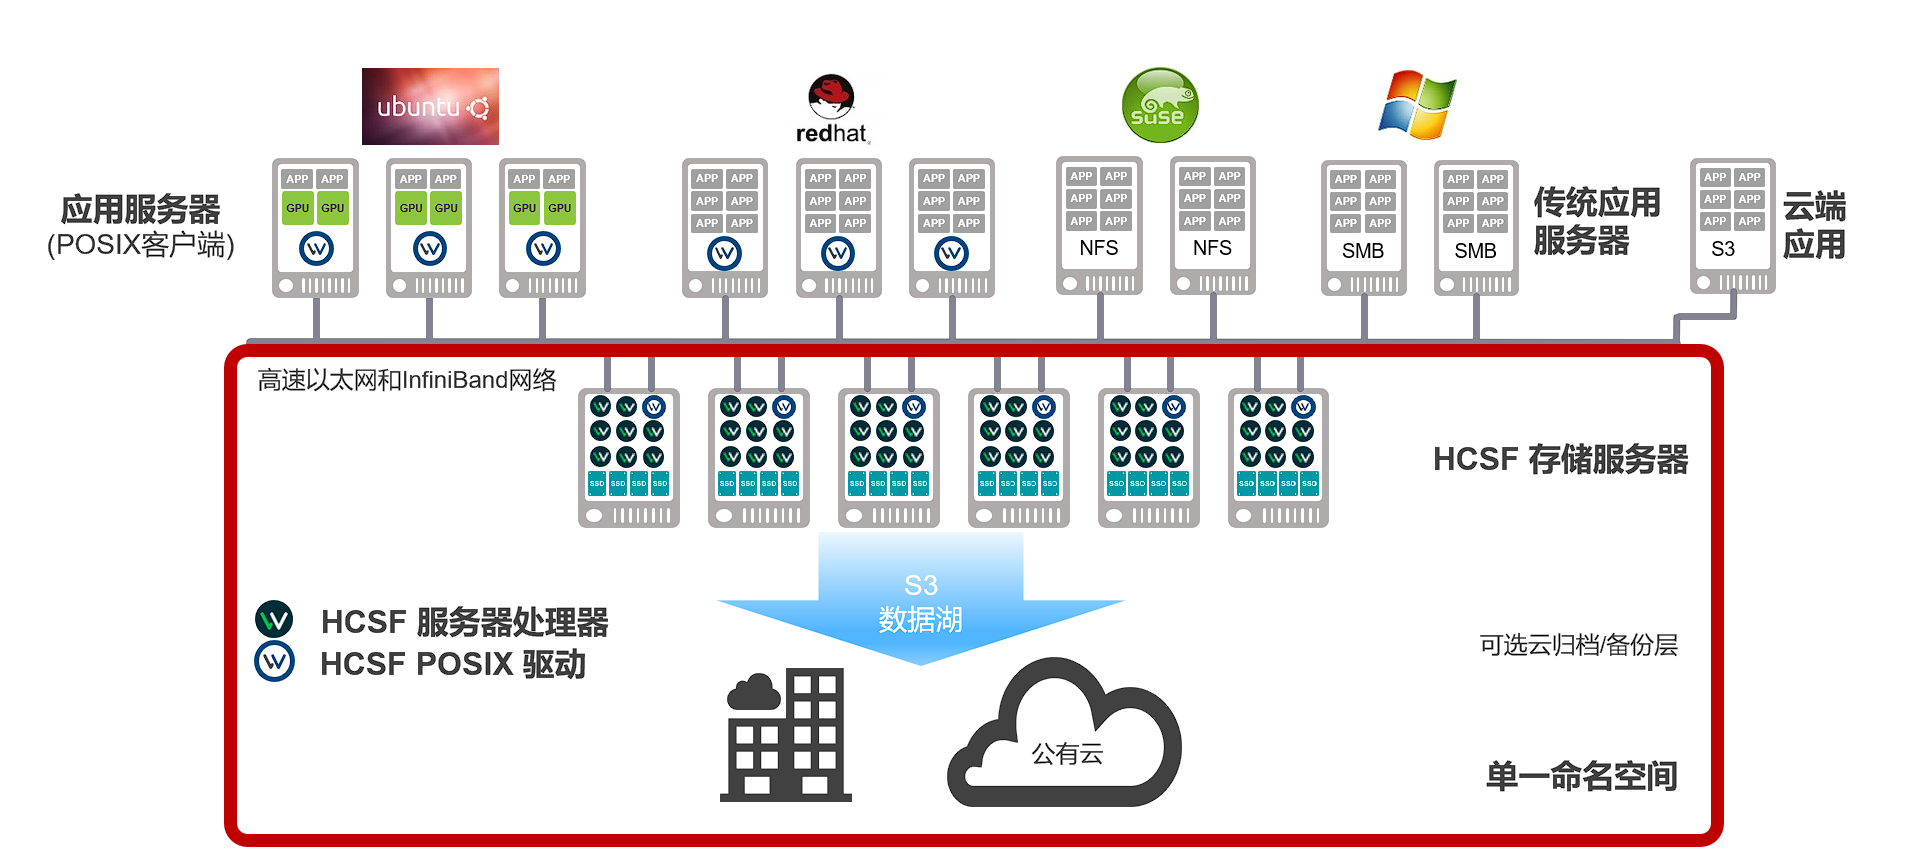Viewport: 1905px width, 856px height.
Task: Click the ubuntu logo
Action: (x=430, y=106)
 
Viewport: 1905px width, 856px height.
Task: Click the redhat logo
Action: (x=832, y=109)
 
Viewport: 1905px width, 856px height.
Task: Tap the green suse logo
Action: (x=1159, y=105)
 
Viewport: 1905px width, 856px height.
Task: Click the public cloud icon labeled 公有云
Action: (x=1065, y=740)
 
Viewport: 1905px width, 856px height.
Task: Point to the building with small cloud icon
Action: (x=786, y=735)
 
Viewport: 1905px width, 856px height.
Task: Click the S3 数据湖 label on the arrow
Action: (x=920, y=603)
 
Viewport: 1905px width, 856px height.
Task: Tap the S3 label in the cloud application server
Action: (x=1722, y=249)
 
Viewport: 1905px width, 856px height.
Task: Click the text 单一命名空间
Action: (x=1581, y=776)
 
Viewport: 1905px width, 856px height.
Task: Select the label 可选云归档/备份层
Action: (x=1578, y=645)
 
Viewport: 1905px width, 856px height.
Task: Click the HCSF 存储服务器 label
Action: (x=1560, y=459)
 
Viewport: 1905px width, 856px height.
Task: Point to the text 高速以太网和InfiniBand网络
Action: (x=406, y=380)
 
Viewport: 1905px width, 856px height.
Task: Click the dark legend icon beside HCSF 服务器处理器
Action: (x=274, y=620)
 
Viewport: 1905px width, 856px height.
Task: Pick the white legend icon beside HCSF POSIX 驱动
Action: (x=274, y=662)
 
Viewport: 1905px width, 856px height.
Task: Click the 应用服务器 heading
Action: (x=140, y=210)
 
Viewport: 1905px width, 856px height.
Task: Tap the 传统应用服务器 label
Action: (x=1596, y=221)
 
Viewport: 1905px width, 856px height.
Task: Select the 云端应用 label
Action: (x=1814, y=225)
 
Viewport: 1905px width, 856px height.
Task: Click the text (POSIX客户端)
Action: (x=140, y=245)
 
